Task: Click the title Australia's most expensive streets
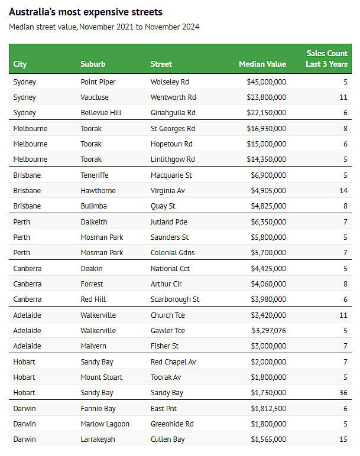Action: pyautogui.click(x=86, y=12)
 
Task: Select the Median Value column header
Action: pyautogui.click(x=262, y=64)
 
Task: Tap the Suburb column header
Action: pyautogui.click(x=93, y=64)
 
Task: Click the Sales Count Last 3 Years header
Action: pyautogui.click(x=326, y=58)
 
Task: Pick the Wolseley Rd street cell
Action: pyautogui.click(x=170, y=82)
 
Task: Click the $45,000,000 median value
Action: pyautogui.click(x=266, y=82)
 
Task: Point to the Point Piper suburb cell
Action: pyautogui.click(x=98, y=82)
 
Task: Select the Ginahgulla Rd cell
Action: pyautogui.click(x=173, y=113)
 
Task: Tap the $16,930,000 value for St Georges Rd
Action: pyautogui.click(x=266, y=128)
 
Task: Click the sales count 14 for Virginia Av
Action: pyautogui.click(x=343, y=191)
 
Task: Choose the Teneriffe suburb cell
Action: pyautogui.click(x=95, y=175)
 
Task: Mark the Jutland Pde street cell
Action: pyautogui.click(x=169, y=222)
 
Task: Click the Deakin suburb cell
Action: pyautogui.click(x=92, y=269)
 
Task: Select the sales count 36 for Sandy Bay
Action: pyautogui.click(x=343, y=393)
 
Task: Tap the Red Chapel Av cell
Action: pyautogui.click(x=173, y=362)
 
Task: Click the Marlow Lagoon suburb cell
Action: pyautogui.click(x=105, y=424)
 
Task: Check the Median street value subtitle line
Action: pyautogui.click(x=104, y=27)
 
